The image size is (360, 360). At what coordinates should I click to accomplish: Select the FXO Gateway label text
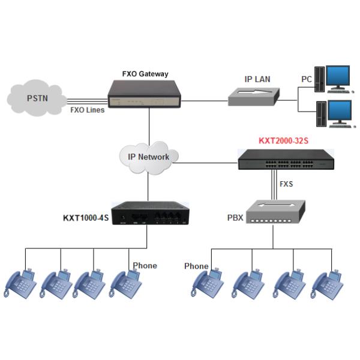[145, 74]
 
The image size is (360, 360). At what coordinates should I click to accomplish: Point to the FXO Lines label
[86, 110]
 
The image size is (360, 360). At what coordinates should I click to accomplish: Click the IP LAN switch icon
[254, 95]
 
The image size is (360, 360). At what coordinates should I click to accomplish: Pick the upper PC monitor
[338, 79]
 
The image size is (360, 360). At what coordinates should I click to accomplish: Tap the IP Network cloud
[149, 158]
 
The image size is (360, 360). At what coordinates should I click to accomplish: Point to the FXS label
[286, 184]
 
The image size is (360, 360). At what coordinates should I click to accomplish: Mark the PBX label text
[235, 217]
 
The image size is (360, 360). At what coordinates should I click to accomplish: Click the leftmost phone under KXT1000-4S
[22, 284]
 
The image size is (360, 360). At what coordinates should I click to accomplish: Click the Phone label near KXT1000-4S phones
[145, 265]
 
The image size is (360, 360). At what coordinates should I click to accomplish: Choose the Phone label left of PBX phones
[196, 266]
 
